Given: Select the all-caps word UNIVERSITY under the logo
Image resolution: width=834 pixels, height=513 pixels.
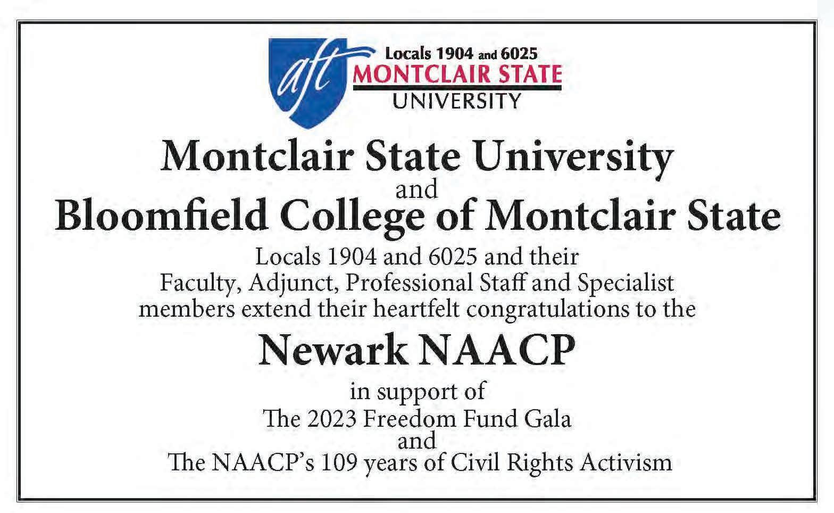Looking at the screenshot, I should tap(457, 100).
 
